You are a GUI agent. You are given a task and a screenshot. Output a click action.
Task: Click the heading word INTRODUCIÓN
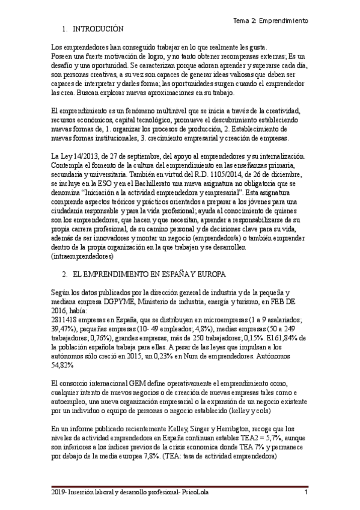(x=97, y=29)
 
